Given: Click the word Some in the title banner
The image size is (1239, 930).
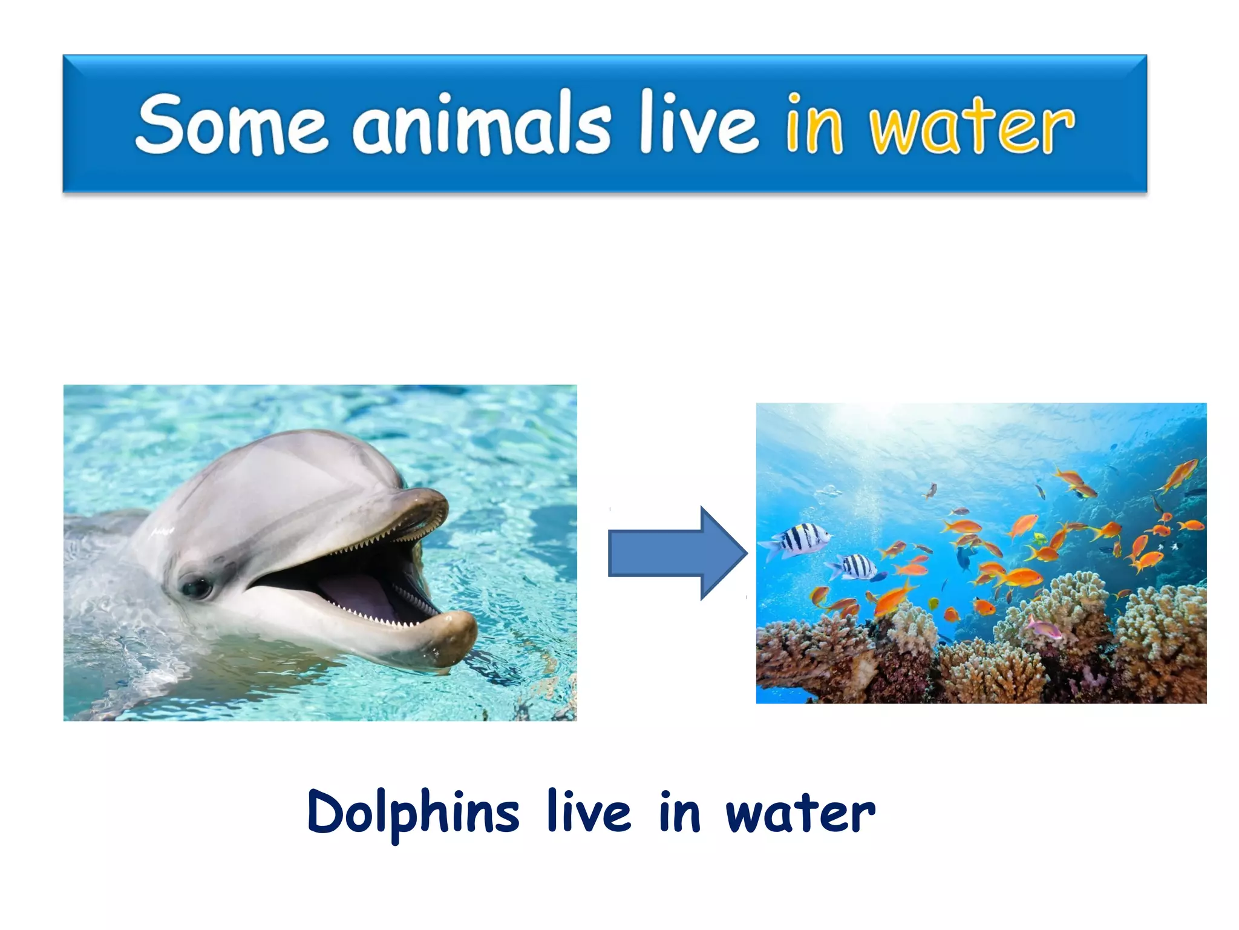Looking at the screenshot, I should pos(232,124).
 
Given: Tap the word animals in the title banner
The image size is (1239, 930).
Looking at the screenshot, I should pos(482,124).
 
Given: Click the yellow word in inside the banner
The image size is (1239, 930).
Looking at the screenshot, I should pos(814,124).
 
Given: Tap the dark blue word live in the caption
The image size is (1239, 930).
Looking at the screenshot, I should pos(589,811).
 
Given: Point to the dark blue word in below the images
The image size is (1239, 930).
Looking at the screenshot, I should pos(680,811).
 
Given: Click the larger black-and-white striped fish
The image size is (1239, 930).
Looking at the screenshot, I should pos(800,539).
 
